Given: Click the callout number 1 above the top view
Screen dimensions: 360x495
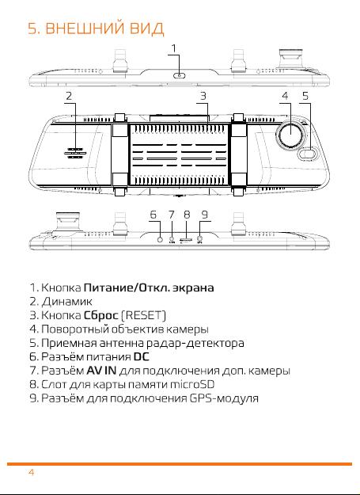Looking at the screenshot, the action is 174,48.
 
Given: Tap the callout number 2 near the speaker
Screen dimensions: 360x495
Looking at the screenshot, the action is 69,96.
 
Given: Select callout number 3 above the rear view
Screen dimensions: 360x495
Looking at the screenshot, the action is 203,96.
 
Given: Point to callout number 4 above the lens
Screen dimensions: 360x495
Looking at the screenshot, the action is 285,96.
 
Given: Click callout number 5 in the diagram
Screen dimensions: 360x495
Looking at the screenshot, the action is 305,96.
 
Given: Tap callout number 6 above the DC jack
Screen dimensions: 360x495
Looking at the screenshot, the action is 153,215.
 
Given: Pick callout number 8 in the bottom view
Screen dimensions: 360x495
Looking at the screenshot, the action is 187,215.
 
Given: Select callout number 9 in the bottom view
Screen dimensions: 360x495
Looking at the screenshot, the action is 205,215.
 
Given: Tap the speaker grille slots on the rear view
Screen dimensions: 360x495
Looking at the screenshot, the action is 75,153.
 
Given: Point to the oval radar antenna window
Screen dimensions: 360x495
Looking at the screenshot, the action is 306,154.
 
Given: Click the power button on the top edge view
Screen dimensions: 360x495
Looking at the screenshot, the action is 180,75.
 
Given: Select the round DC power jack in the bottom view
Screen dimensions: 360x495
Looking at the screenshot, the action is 160,239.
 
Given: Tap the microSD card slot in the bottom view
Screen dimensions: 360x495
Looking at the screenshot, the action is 186,240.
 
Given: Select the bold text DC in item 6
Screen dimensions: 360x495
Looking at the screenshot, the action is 141,356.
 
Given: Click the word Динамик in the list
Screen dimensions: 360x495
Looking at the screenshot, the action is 67,302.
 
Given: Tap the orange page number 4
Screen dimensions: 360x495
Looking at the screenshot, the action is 31,472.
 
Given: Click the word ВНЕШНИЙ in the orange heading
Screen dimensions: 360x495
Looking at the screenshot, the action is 85,29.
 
